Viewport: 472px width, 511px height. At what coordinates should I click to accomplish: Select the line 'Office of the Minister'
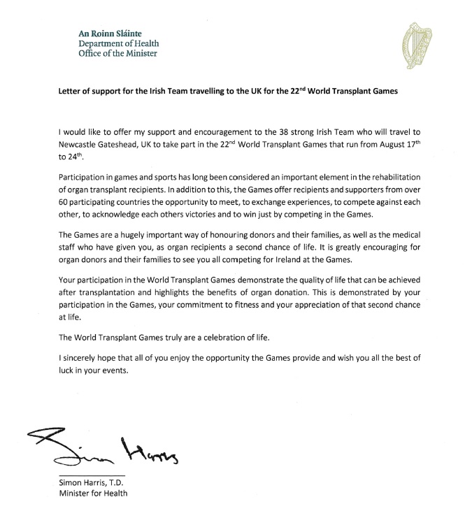point(117,52)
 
